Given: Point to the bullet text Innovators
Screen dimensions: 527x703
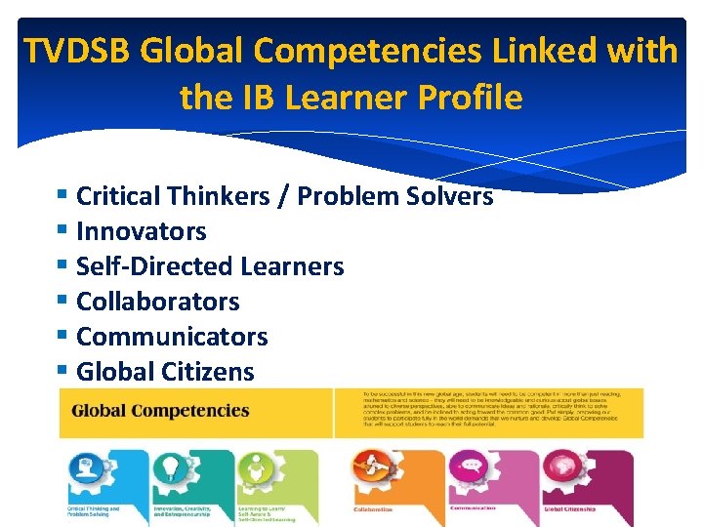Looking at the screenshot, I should [142, 231].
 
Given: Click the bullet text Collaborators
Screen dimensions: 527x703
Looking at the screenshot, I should [157, 302].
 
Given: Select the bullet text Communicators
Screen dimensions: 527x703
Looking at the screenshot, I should [172, 337].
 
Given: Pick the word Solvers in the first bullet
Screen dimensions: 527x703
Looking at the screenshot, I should [444, 196].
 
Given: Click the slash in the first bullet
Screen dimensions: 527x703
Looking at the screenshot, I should [283, 196].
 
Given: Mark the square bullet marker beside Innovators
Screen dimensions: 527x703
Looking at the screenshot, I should [63, 231].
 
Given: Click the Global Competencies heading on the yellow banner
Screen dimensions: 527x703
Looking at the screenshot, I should [160, 410].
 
